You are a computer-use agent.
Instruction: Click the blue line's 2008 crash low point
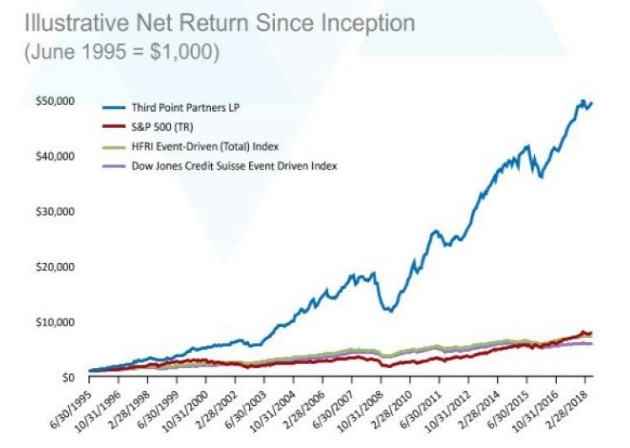[388, 310]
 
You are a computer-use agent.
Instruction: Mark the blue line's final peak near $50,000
[582, 102]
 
